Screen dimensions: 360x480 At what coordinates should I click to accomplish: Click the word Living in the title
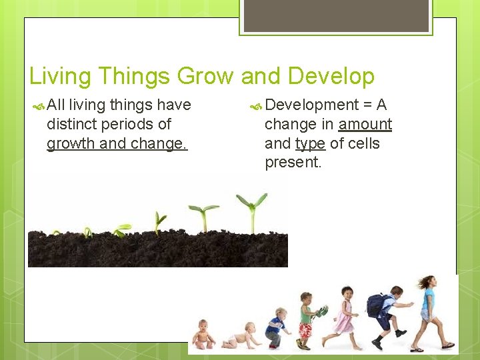pyautogui.click(x=60, y=77)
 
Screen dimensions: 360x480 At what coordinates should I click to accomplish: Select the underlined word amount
pyautogui.click(x=365, y=124)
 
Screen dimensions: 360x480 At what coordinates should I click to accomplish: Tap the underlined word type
pyautogui.click(x=309, y=143)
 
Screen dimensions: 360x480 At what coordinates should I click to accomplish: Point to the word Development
pyautogui.click(x=311, y=105)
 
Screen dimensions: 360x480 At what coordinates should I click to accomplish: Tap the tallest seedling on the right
pyautogui.click(x=252, y=209)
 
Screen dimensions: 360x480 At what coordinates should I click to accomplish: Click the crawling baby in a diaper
pyautogui.click(x=239, y=336)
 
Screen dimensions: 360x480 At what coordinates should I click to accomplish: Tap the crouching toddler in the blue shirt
pyautogui.click(x=275, y=327)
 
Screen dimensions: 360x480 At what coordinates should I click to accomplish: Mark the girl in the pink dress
pyautogui.click(x=345, y=316)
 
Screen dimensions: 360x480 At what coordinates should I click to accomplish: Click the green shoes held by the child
pyautogui.click(x=321, y=311)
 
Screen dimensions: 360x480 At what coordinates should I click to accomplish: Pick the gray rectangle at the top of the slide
pyautogui.click(x=335, y=15)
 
